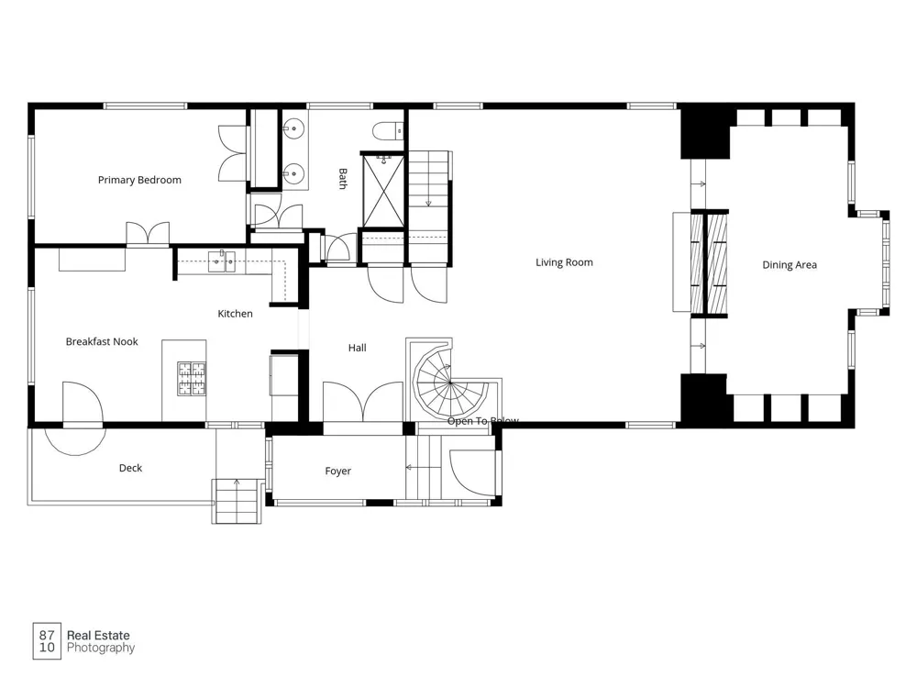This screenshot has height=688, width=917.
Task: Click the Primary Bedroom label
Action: pos(139,180)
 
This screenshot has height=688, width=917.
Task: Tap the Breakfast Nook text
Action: pos(102,341)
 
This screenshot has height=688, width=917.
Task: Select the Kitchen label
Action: pos(235,314)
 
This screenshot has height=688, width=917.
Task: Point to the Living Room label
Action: pos(564,262)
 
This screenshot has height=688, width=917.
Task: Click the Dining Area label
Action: pos(790,265)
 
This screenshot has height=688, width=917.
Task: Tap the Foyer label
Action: pos(338,471)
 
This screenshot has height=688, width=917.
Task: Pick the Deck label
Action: pos(130,468)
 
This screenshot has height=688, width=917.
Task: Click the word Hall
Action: pos(358,348)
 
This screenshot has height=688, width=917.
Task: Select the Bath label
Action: pos(343,179)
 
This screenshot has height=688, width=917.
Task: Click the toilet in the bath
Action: pos(388,131)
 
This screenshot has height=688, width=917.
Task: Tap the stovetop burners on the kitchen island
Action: pos(192,379)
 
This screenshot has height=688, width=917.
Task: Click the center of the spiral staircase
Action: pos(449,383)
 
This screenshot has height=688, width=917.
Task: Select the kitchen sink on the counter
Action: pos(222,261)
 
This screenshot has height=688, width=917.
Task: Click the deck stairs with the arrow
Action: pos(237,501)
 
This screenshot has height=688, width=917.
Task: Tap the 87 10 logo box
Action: pos(47,641)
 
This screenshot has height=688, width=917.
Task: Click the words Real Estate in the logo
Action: pos(98,636)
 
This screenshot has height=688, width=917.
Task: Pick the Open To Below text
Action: pos(483,421)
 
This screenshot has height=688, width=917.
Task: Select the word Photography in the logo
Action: pos(101,649)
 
